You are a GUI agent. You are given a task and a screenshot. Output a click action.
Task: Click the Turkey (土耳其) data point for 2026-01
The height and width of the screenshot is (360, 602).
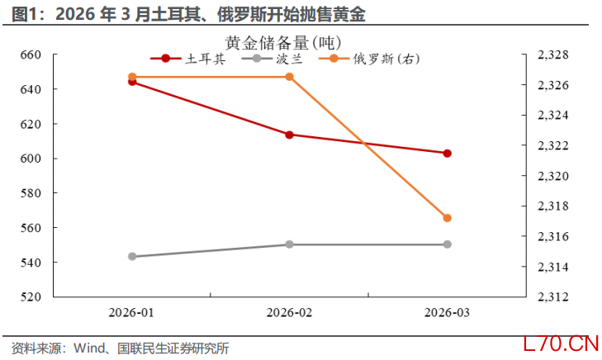pos(132,82)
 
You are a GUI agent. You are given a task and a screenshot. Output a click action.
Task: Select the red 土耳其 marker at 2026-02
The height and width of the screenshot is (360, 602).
pos(290,135)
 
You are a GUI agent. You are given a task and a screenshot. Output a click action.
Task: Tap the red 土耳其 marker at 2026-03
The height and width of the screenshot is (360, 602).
pos(448,154)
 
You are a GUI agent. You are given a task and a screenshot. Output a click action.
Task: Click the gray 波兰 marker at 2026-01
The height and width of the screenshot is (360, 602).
pos(132,257)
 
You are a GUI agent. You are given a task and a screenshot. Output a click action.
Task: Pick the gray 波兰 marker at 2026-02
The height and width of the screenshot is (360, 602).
pos(290,244)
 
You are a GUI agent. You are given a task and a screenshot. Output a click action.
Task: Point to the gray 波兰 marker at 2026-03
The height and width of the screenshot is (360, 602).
pos(448,244)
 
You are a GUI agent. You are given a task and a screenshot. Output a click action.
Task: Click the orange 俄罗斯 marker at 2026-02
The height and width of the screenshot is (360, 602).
pos(290,77)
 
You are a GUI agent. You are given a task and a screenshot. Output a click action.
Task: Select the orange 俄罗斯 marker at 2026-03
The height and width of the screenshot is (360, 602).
pos(448,218)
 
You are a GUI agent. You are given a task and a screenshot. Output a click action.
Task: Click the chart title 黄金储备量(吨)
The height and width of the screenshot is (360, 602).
pos(282,41)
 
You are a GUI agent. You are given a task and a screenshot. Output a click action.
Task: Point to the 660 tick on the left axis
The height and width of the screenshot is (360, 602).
pos(30,54)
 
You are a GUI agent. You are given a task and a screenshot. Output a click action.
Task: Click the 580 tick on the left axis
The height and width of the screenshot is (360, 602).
pos(30,193)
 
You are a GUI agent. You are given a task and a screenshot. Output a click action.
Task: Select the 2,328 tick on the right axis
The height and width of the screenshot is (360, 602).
pos(552,54)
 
